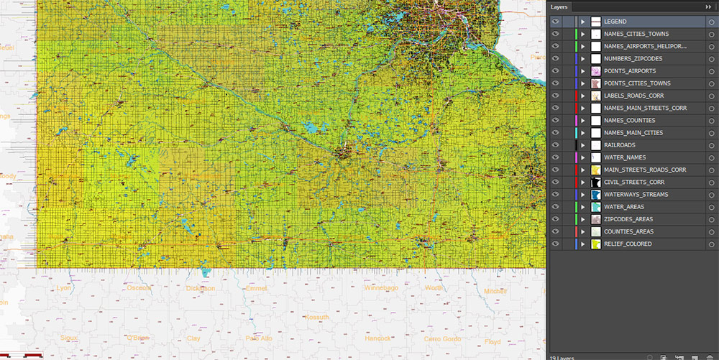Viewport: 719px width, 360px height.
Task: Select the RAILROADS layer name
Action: (x=620, y=145)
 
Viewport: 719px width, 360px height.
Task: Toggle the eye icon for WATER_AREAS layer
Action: (x=555, y=207)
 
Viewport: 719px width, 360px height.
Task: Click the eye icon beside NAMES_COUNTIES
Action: (x=555, y=120)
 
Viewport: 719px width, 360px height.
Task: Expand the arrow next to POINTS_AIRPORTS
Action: (x=583, y=71)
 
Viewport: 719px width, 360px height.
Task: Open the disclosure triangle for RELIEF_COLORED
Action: (x=583, y=244)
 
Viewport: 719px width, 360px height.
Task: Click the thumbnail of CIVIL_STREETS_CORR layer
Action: (x=595, y=183)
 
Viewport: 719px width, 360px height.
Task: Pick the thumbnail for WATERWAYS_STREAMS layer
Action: (x=595, y=195)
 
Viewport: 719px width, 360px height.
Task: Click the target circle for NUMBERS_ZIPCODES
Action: (x=710, y=59)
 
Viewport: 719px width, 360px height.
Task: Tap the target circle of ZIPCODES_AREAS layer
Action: (x=710, y=219)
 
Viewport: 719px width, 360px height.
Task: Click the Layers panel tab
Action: (x=559, y=6)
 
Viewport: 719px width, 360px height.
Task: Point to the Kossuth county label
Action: (x=316, y=317)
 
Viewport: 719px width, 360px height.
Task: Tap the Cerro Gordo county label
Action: (x=441, y=338)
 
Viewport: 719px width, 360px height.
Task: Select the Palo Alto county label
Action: (x=259, y=338)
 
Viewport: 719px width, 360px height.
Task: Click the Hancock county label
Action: (x=377, y=338)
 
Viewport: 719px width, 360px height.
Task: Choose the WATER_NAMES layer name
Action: (x=625, y=157)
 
